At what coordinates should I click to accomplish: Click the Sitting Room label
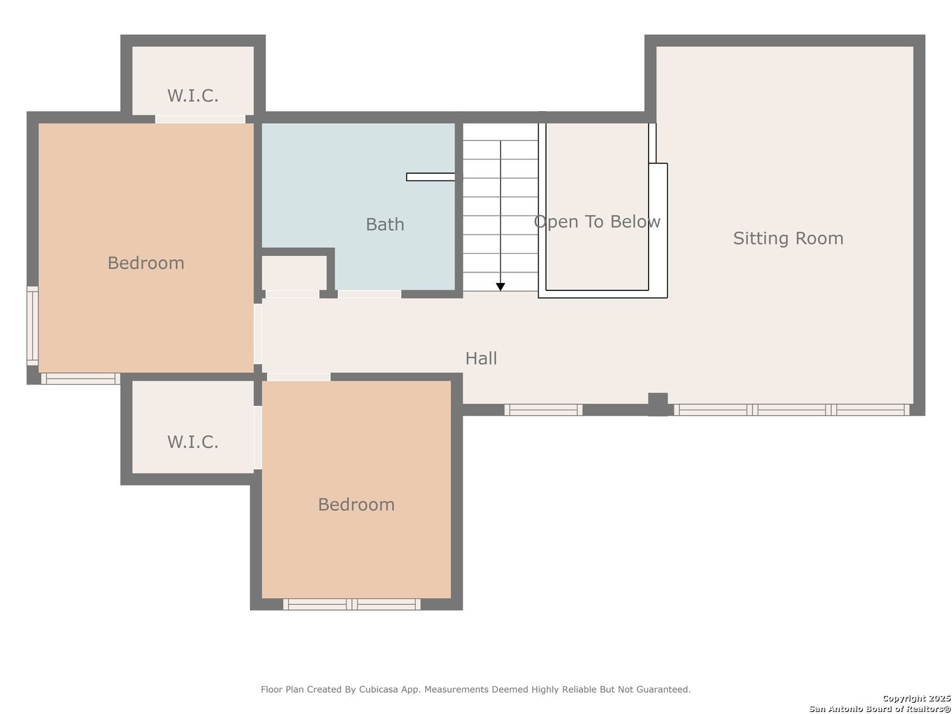[788, 239]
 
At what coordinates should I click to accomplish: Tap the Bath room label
[385, 225]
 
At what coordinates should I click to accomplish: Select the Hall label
[481, 358]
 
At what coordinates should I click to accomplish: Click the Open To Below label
[597, 222]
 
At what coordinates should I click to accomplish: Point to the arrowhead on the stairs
[500, 286]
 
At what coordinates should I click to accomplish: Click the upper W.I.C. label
[192, 96]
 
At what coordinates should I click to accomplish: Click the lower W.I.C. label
[192, 442]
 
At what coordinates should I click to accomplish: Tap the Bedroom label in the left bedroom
[145, 263]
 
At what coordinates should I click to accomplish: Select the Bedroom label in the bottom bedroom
[356, 504]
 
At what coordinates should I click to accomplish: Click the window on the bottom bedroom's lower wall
[351, 604]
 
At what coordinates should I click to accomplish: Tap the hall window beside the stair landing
[543, 410]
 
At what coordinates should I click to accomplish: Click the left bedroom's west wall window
[32, 325]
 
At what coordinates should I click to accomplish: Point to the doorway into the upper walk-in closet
[200, 119]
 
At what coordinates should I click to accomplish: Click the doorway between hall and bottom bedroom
[299, 377]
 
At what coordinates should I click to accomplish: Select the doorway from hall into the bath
[370, 294]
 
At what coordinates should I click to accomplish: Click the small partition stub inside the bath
[430, 177]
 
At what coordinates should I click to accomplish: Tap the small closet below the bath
[294, 272]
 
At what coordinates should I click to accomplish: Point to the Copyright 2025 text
[916, 698]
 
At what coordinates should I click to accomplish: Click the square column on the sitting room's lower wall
[658, 404]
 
